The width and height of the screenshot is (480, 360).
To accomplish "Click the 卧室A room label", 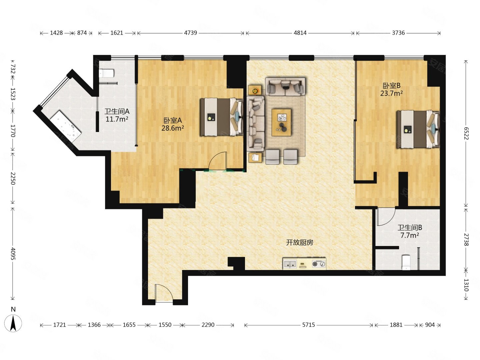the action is tap(173, 120).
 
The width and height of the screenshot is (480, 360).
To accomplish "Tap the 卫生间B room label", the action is tap(409, 228).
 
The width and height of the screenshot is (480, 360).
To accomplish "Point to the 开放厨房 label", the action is tap(300, 242).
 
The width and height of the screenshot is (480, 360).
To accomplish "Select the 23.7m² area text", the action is tap(391, 93).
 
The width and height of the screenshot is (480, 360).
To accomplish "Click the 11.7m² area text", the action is tap(117, 119).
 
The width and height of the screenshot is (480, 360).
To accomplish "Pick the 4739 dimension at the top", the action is tap(190, 33).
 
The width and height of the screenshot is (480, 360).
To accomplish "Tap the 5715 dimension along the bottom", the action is tap(309, 325).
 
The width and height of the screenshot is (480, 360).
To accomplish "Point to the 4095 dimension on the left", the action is tap(13, 254).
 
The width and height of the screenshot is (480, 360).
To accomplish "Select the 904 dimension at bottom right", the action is tap(430, 325).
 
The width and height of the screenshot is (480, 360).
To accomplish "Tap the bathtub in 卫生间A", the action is tap(65, 125).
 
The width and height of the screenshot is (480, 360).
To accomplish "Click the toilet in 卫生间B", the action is tap(406, 262).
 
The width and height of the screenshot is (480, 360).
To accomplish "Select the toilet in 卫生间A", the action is tap(107, 73).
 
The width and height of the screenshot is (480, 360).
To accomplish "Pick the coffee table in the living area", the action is tap(281, 122).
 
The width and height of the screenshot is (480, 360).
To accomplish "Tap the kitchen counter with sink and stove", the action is tap(304, 263).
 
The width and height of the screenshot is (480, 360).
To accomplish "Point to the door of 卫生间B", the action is tap(386, 217).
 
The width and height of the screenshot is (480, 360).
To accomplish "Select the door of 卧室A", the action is tap(217, 161).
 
